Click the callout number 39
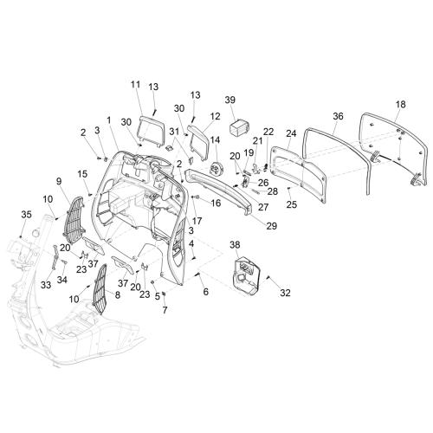[x=230, y=100]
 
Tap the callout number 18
[x=401, y=104]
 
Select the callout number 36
[x=338, y=116]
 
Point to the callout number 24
[x=291, y=133]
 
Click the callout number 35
[x=26, y=215]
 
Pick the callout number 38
[x=235, y=245]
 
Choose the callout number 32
[x=285, y=293]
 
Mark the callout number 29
[x=271, y=226]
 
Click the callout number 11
[x=135, y=85]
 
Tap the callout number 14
[x=215, y=140]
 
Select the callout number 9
[x=59, y=181]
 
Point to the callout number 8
[x=118, y=294]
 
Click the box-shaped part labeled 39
[x=240, y=127]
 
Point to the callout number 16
[x=216, y=203]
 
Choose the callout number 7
[x=165, y=310]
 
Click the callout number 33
[x=46, y=285]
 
